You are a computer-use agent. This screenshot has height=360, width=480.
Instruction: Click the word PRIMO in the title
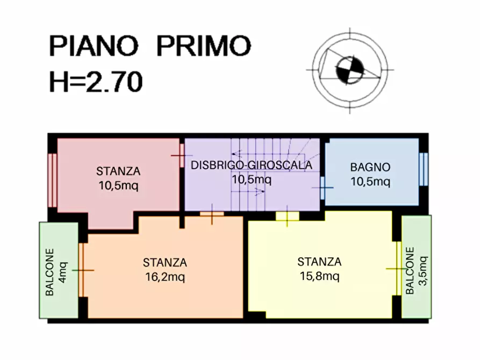click(204, 46)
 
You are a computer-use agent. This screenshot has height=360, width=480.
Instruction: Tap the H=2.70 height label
click(96, 82)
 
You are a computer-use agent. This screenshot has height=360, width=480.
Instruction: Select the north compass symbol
click(349, 70)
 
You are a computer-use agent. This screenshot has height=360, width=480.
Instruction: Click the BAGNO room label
click(370, 167)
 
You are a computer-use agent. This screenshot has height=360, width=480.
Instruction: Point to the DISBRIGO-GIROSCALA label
click(251, 165)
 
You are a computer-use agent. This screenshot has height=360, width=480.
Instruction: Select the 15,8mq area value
click(319, 277)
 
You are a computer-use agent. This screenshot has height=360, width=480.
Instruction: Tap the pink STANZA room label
click(118, 172)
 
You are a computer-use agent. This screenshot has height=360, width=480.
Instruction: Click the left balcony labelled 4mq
click(58, 270)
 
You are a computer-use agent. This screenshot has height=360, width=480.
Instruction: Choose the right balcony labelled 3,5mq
click(417, 266)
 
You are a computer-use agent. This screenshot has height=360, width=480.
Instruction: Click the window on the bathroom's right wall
click(424, 169)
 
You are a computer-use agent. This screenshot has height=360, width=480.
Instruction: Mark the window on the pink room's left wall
click(52, 181)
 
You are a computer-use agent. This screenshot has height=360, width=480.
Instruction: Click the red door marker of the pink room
click(179, 156)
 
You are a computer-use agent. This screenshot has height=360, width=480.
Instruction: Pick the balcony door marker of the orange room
click(82, 270)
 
